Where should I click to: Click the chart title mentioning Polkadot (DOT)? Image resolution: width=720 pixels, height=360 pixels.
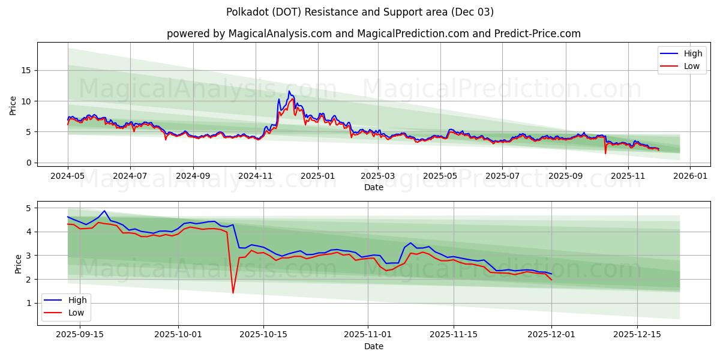360,12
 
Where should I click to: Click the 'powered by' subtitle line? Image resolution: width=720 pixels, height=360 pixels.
373,34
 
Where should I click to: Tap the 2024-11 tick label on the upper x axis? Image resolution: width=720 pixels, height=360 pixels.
256,176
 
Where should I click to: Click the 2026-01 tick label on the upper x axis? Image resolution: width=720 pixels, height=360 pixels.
690,176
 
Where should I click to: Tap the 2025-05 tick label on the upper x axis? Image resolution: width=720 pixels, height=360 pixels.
440,176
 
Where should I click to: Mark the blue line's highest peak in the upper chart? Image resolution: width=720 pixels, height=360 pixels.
289,91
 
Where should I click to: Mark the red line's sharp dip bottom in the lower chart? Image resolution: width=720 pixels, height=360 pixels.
233,293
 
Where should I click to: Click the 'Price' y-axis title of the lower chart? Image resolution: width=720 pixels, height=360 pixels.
18,264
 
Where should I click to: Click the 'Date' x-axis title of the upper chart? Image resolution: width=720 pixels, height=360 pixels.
373,187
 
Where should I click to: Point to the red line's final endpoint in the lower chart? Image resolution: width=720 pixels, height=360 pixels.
551,280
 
